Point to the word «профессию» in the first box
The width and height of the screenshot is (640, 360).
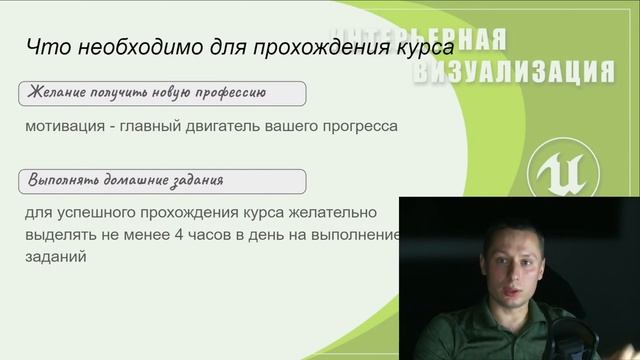click(227, 94)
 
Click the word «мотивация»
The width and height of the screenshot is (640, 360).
click(67, 127)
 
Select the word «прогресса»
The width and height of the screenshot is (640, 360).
click(354, 127)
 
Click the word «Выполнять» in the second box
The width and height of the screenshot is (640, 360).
click(66, 181)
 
